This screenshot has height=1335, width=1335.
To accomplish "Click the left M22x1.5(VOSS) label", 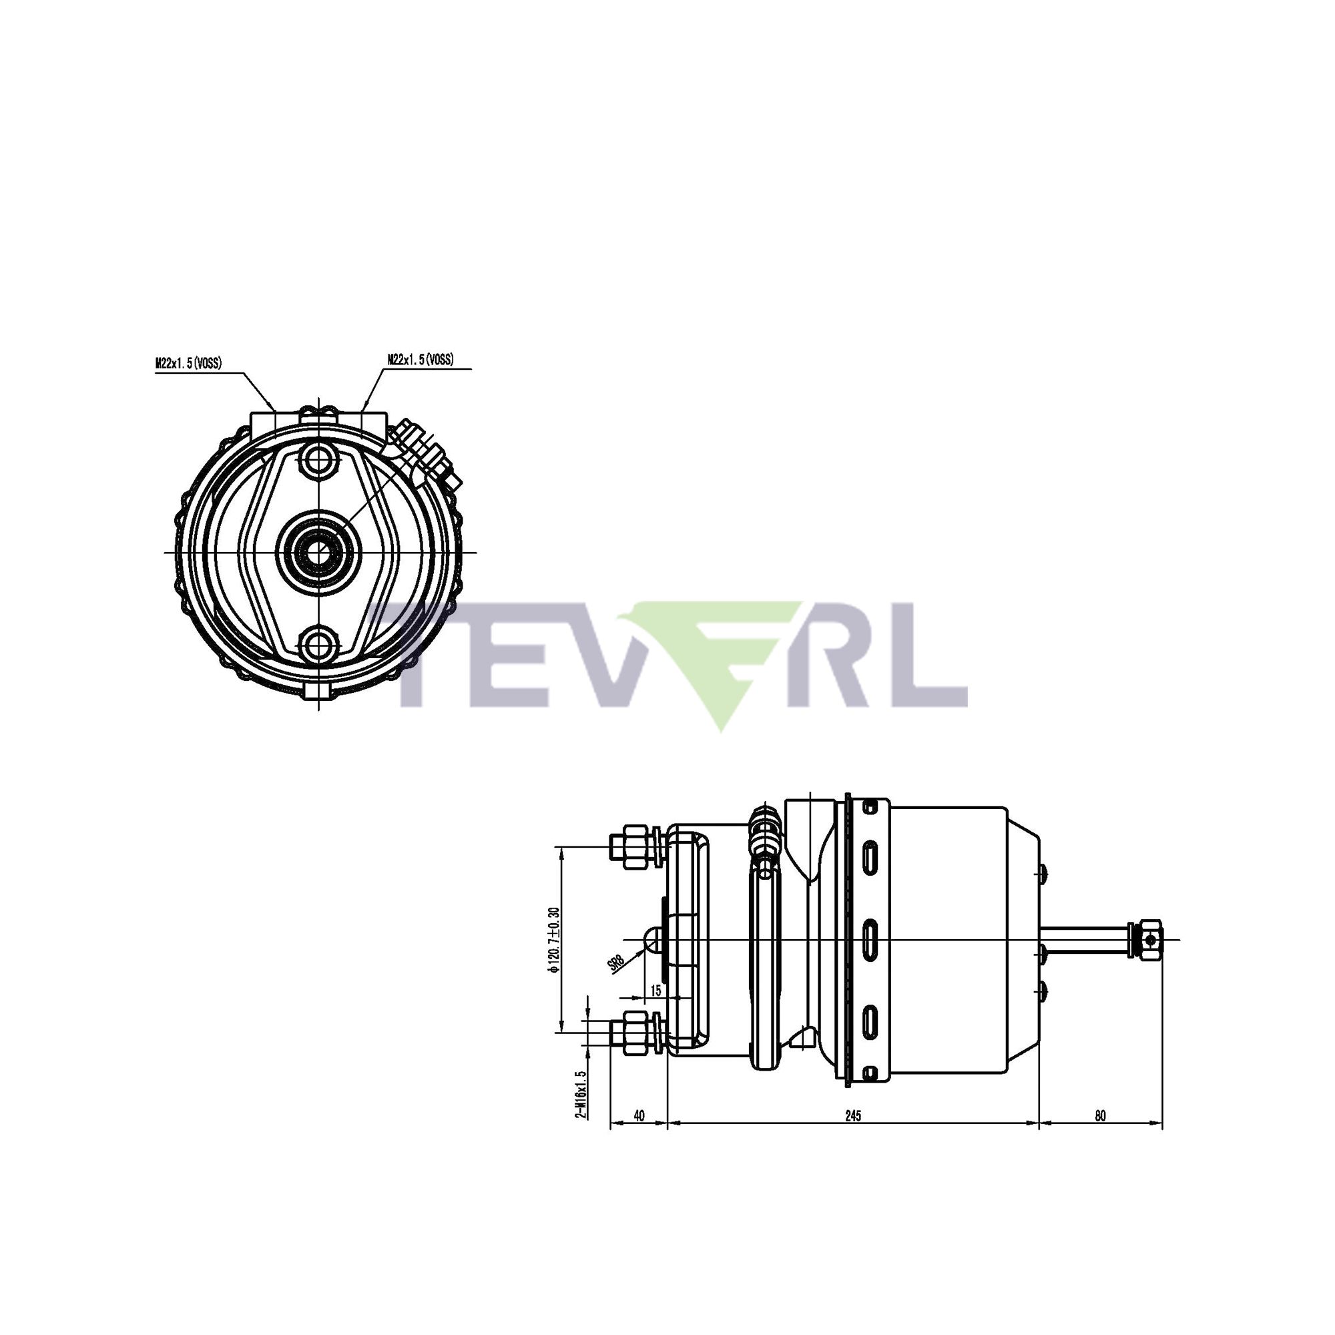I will (189, 362).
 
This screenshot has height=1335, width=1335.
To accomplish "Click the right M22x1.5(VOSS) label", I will (421, 359).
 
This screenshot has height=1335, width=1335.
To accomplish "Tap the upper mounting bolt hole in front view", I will (318, 458).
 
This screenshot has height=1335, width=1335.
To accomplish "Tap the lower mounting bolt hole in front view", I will (318, 645).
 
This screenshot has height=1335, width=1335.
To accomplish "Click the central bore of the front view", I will (318, 552).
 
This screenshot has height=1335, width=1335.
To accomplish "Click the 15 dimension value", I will (655, 991).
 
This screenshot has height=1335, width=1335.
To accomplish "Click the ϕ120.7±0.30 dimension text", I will (553, 939).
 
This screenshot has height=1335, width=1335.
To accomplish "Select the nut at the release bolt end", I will (1147, 940).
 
